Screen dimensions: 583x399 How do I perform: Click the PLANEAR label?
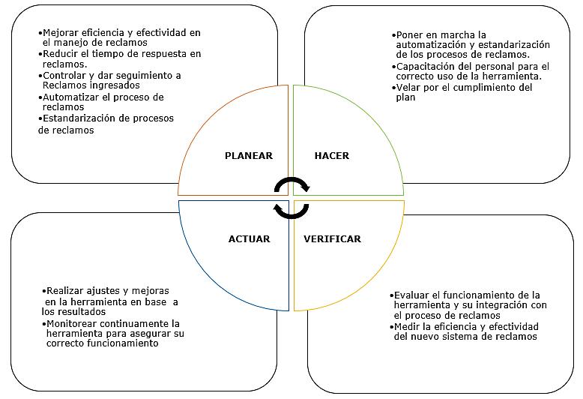[x=248, y=156]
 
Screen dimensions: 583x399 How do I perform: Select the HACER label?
[x=331, y=156]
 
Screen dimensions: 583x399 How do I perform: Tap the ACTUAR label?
[x=249, y=239]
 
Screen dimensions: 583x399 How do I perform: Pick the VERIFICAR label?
[x=332, y=239]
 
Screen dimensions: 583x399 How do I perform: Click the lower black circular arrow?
[x=291, y=210]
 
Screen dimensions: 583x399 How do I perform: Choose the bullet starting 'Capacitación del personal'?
[x=470, y=71]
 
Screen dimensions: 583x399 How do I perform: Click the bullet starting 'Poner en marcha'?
[x=471, y=45]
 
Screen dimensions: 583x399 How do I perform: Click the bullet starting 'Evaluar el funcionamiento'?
[x=465, y=305]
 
